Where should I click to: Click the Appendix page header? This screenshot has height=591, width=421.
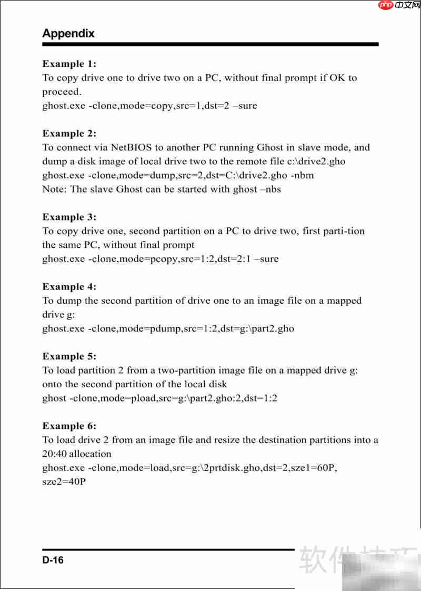[68, 34]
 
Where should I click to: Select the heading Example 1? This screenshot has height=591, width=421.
[69, 64]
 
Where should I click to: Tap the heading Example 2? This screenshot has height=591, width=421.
[69, 134]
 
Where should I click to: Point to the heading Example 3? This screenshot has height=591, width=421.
[69, 217]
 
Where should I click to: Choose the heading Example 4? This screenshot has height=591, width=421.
[69, 287]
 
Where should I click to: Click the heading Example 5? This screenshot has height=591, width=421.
[69, 356]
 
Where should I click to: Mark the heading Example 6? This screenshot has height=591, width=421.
[69, 426]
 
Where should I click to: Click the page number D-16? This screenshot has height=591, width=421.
[53, 560]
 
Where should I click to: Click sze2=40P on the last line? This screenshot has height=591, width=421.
[64, 482]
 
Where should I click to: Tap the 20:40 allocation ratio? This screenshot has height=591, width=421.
[55, 454]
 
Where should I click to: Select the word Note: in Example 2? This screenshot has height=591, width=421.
[54, 189]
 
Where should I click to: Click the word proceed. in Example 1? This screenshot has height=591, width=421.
[62, 92]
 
